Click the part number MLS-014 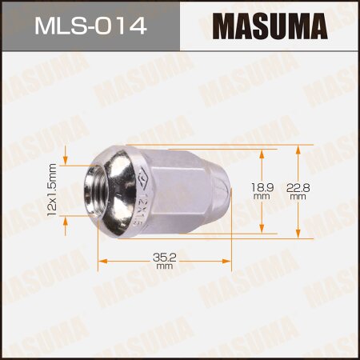click(x=89, y=27)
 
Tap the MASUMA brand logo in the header click(x=268, y=27)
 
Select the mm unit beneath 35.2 click(x=165, y=266)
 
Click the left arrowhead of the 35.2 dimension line click(x=102, y=261)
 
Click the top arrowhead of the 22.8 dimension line click(x=298, y=149)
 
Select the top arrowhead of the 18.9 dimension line click(x=261, y=152)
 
